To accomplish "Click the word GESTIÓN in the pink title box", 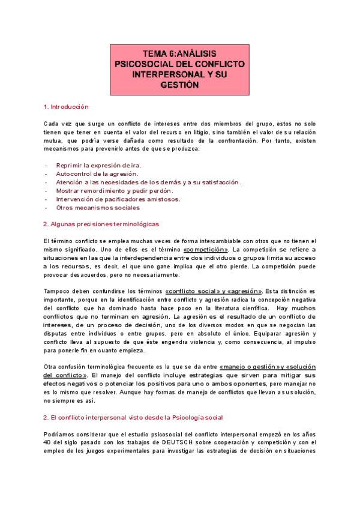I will point(179,85).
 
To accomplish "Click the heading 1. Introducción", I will point(66,107).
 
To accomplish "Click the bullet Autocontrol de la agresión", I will point(97,173).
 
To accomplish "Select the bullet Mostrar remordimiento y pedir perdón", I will point(110,190).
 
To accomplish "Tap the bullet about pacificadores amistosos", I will point(118,199).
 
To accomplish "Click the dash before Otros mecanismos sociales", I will point(46,208).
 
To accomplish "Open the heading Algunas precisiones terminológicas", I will point(101,224).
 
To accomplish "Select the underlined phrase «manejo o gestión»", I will point(248,367).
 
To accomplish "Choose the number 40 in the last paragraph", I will point(48,442).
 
